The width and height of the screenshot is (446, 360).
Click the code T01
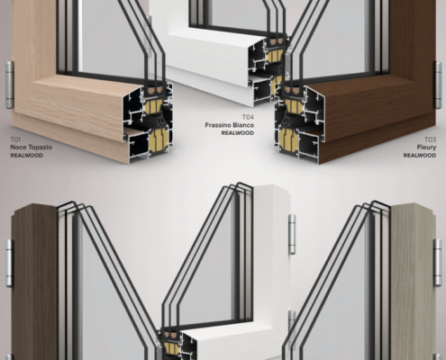tap(15, 139)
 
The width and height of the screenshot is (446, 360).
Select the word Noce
tap(18, 148)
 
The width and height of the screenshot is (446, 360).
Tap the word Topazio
tap(40, 148)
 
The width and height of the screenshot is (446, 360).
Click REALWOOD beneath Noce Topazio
tap(27, 156)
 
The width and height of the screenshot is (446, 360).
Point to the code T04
tap(248, 117)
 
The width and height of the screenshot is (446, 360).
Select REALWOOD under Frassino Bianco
tap(238, 133)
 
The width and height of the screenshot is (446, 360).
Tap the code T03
tap(430, 139)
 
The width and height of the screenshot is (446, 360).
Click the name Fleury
tap(426, 148)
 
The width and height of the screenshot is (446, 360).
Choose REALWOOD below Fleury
tap(420, 156)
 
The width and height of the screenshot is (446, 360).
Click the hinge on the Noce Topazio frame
tap(10, 85)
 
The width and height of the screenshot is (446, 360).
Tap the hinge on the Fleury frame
tap(438, 85)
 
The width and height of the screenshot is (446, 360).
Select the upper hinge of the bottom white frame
tap(292, 234)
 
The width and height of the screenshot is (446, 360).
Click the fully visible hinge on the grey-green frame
tap(438, 263)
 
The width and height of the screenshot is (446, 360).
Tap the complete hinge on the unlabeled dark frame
tap(10, 264)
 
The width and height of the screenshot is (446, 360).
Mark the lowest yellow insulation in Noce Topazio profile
tap(159, 141)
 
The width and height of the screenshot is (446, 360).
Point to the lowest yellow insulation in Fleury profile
tap(287, 141)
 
